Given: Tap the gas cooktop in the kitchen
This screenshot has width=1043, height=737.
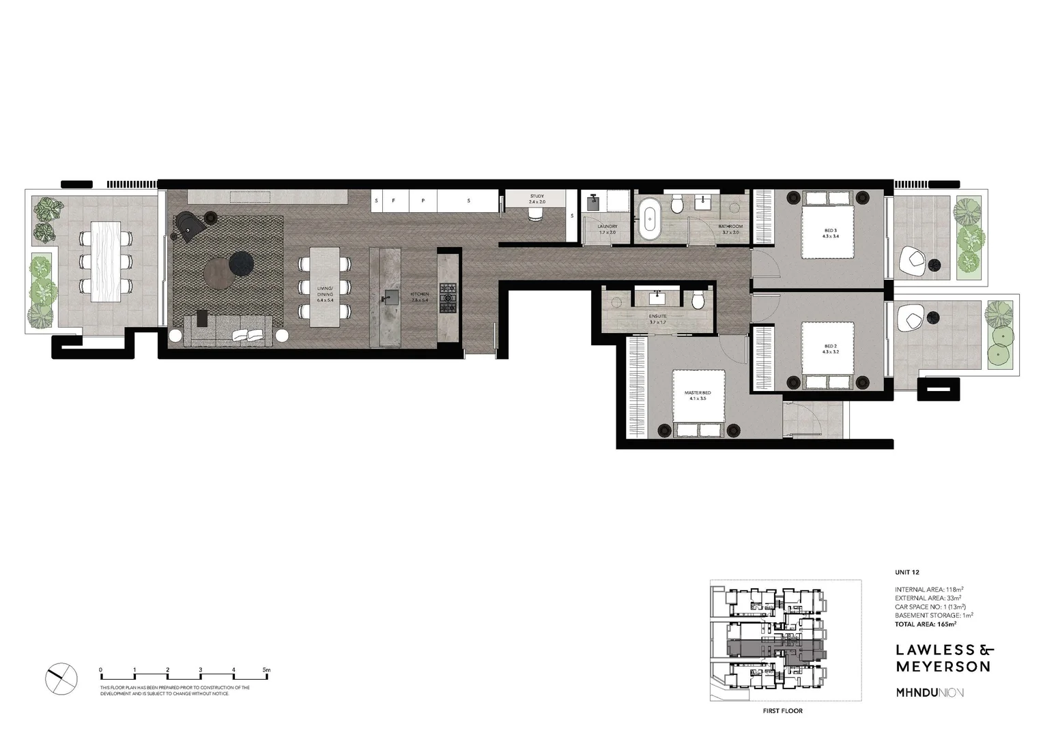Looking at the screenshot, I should pos(448,298).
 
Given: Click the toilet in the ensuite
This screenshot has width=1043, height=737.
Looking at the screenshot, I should pos(698,300).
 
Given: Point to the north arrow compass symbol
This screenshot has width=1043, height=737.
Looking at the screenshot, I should pos(61,679).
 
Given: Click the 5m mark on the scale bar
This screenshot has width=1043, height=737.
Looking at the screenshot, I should pos(267,670).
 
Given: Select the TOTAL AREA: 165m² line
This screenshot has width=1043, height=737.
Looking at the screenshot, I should pos(925,624).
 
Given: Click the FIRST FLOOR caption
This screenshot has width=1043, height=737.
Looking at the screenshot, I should pos(782,711).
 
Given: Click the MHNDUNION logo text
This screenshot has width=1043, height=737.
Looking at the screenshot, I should pos(930,693).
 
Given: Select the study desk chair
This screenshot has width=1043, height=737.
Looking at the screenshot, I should pos(537,214).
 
